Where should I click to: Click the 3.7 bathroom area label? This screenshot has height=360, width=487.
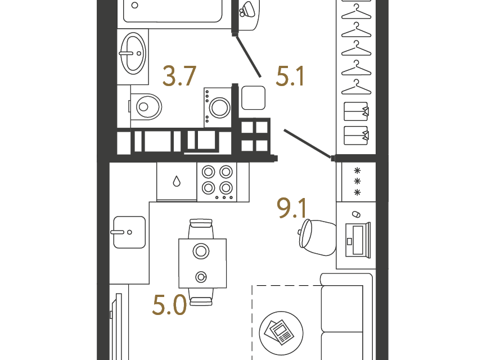tap(179, 76)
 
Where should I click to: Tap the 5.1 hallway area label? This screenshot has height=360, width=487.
tap(290, 76)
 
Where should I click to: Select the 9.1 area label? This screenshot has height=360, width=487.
tap(292, 208)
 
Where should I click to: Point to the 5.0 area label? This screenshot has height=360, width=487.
tap(169, 305)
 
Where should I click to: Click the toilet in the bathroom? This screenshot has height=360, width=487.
tap(145, 107)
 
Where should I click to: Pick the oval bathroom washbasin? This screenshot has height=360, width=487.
tap(133, 53)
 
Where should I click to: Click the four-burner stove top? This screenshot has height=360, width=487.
tap(217, 182)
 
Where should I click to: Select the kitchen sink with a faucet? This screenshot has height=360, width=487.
tap(129, 232)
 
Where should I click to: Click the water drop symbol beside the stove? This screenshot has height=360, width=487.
tap(177, 181)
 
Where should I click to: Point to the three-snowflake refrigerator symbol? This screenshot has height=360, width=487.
tap(357, 181)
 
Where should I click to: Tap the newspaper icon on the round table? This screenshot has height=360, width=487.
tap(279, 332)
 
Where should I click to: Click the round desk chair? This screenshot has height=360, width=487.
tap(317, 237)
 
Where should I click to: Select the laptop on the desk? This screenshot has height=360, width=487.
tap(358, 240)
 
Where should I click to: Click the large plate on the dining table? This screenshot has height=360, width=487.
tap(201, 251)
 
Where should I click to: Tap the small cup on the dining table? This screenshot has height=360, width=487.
tap(201, 277)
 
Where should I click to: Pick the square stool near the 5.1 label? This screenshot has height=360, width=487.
tap(253, 98)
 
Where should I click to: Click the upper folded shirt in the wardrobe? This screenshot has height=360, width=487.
tap(356, 111)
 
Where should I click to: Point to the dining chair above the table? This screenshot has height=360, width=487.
tap(201, 228)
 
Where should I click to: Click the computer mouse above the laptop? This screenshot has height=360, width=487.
tap(356, 214)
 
